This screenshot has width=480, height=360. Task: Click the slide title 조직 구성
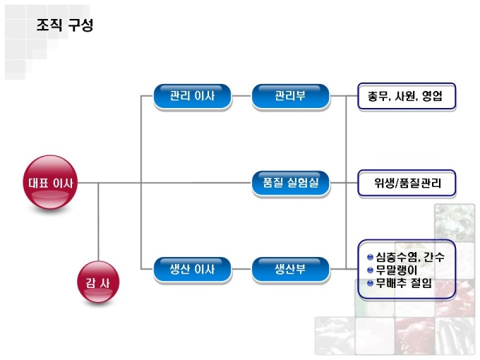click(x=65, y=25)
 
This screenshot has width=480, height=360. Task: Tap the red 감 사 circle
click(x=97, y=284)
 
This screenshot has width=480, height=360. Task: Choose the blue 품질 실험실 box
click(x=290, y=184)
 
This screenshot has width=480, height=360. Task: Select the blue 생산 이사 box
click(x=192, y=269)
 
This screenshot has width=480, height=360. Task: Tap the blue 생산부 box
click(x=290, y=269)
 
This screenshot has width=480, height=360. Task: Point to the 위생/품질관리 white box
click(x=406, y=184)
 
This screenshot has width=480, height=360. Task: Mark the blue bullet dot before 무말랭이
click(x=370, y=270)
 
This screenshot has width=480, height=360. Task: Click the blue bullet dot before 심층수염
click(x=370, y=257)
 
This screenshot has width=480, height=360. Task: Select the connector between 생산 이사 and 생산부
click(x=241, y=269)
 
